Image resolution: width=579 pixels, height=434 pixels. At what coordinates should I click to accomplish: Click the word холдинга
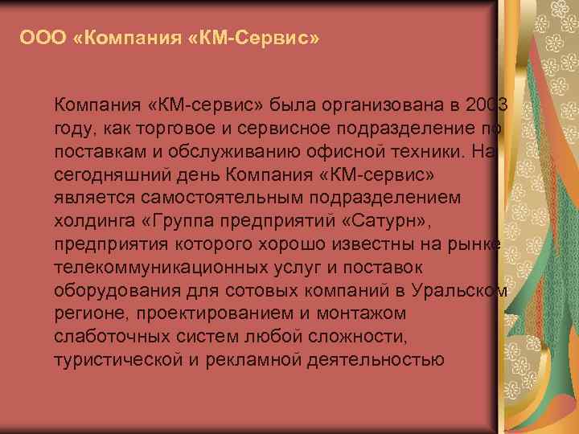[92, 220]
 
